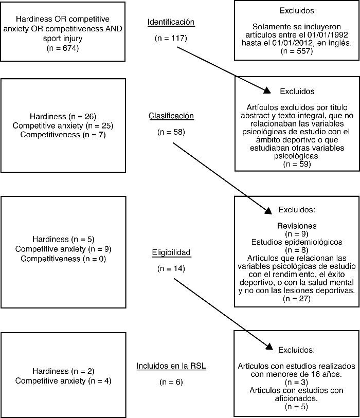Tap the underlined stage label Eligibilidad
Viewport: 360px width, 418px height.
(171, 252)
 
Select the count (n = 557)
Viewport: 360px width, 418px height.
(297, 51)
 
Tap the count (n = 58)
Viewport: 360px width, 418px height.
(171, 132)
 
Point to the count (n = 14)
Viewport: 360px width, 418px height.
(171, 268)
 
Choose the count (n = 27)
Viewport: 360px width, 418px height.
(297, 299)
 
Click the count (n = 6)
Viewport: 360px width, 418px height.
(171, 382)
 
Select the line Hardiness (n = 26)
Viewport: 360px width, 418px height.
(63, 117)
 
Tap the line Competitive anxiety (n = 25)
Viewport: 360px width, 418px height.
(63, 125)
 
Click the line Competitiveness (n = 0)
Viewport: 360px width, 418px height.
(63, 259)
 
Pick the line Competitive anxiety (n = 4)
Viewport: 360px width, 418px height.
(63, 381)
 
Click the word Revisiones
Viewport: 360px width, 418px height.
(297, 226)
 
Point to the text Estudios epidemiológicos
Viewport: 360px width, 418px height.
(297, 242)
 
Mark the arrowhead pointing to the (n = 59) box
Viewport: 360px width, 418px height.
(266, 92)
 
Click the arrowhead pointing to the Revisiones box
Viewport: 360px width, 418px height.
(267, 210)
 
